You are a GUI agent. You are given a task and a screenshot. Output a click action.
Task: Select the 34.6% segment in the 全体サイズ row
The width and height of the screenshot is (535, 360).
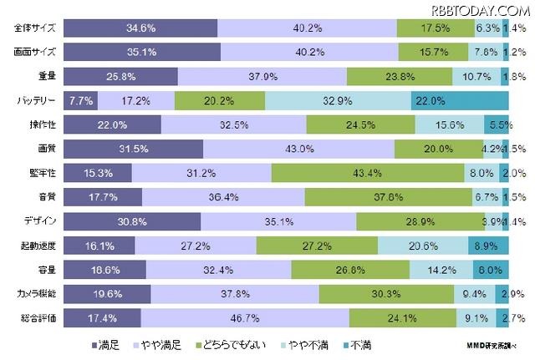point(140,28)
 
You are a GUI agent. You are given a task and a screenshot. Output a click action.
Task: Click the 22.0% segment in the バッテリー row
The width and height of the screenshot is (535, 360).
point(460,101)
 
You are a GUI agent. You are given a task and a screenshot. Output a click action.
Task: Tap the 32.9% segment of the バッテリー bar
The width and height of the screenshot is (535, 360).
point(338,101)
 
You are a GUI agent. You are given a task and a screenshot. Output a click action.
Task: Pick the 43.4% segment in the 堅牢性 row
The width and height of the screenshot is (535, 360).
point(368,174)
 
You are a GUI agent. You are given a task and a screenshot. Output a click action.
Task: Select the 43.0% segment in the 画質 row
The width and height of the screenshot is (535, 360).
point(298,150)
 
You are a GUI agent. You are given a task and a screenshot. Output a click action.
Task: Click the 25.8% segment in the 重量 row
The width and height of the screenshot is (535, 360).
point(120,77)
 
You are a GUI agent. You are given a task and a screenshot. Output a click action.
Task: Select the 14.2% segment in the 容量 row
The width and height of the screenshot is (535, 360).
point(441,270)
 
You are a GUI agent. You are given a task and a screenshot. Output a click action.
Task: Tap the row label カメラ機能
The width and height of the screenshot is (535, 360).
point(37,294)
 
